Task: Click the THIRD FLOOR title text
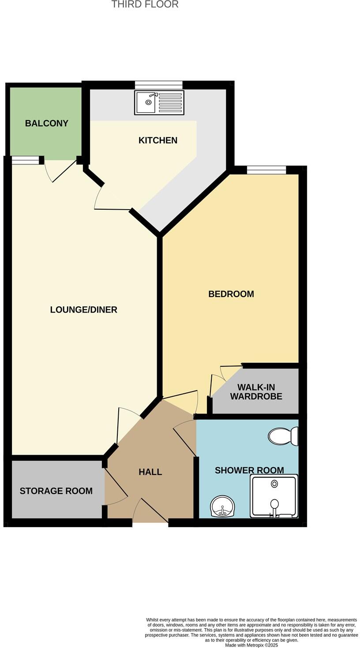click(x=145, y=5)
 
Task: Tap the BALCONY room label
click(x=46, y=124)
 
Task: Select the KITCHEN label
click(x=157, y=140)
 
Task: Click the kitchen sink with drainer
click(x=159, y=102)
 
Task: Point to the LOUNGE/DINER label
click(x=83, y=310)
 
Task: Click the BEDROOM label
click(x=231, y=294)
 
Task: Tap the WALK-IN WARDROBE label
click(x=256, y=392)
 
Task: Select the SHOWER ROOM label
click(x=249, y=471)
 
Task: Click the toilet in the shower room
click(x=283, y=436)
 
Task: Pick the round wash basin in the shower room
click(x=222, y=506)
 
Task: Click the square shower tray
click(x=274, y=496)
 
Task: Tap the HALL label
click(x=150, y=472)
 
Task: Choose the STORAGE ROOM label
click(x=56, y=491)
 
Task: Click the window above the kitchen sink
click(x=158, y=85)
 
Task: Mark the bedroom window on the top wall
click(x=266, y=170)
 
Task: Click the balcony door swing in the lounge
click(x=60, y=170)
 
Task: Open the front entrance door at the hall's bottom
click(x=150, y=512)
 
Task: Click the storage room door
click(x=116, y=488)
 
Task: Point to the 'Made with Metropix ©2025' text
click(x=251, y=645)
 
